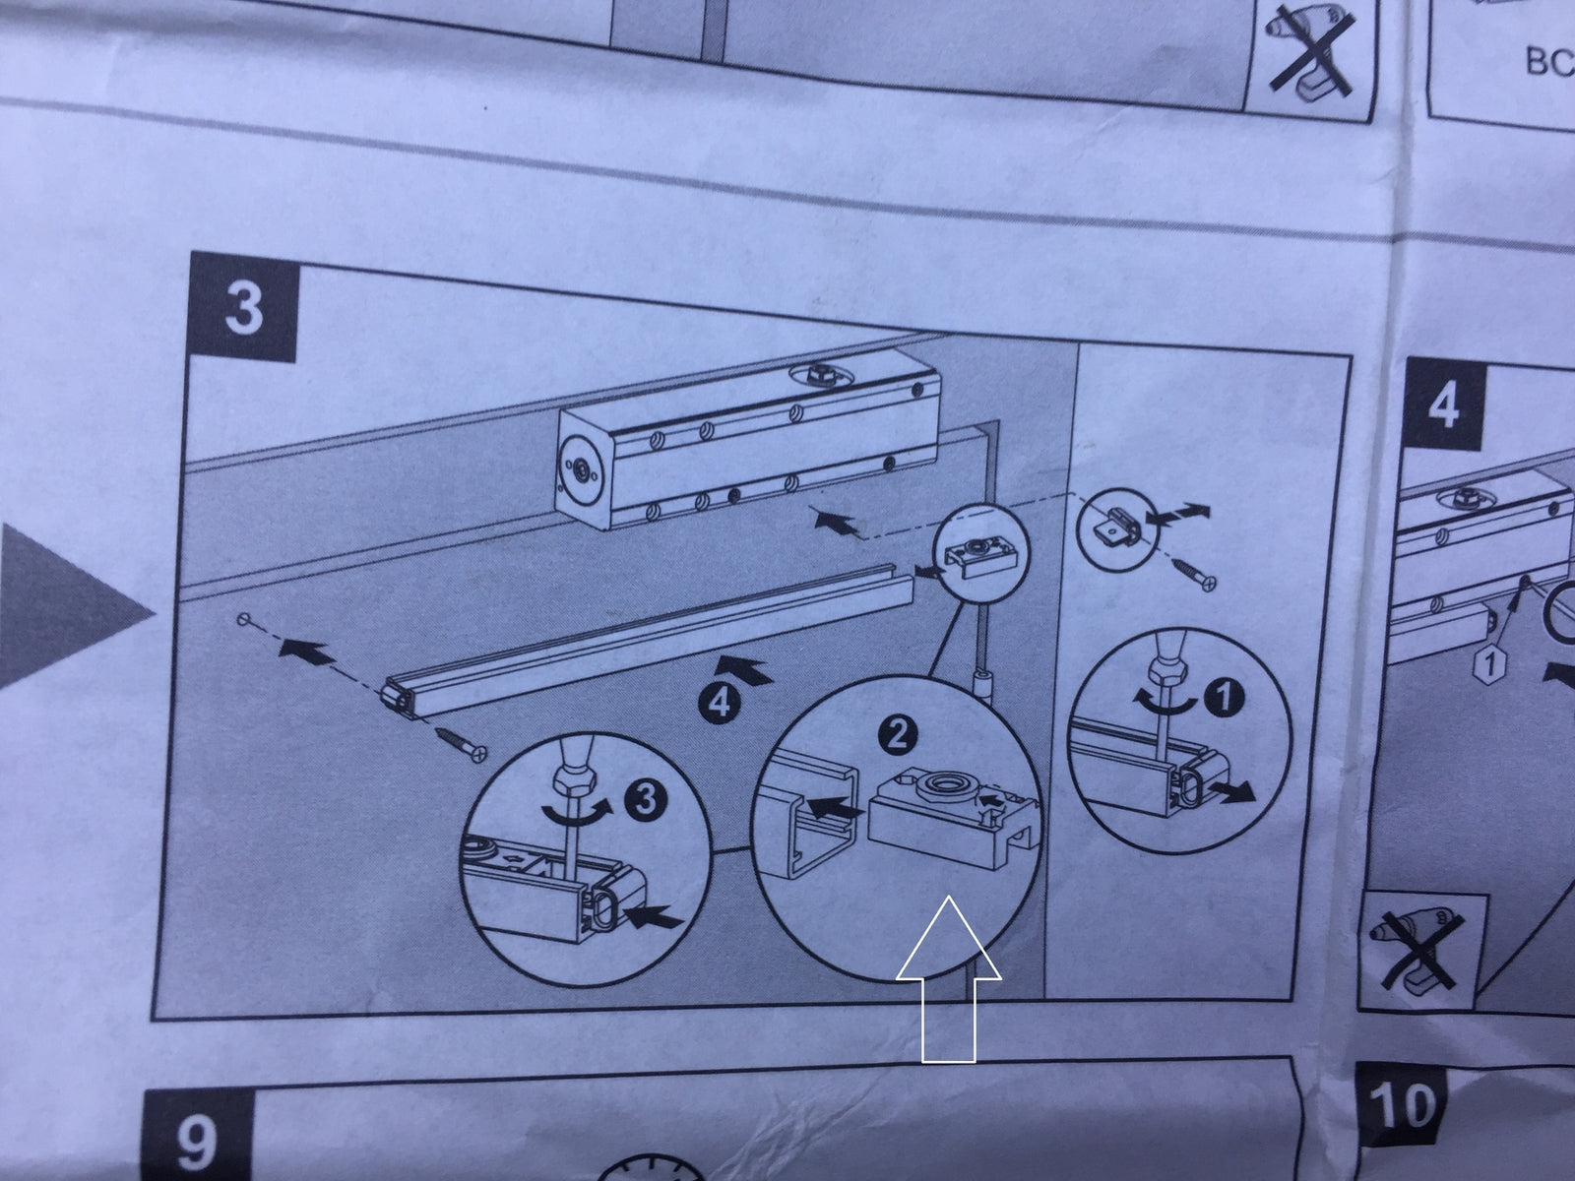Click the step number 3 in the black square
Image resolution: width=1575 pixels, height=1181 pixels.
click(x=243, y=306)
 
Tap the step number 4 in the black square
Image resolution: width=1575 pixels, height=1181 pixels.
click(x=1442, y=404)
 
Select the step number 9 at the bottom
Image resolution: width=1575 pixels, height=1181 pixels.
click(x=195, y=1143)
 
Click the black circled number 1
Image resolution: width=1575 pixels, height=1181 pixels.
click(x=1225, y=700)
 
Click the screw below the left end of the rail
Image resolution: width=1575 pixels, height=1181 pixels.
click(x=460, y=743)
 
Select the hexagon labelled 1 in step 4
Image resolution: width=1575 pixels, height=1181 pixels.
click(x=1489, y=664)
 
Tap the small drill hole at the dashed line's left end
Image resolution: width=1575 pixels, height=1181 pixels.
click(x=242, y=619)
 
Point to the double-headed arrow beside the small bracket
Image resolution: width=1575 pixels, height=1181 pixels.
click(x=1180, y=515)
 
